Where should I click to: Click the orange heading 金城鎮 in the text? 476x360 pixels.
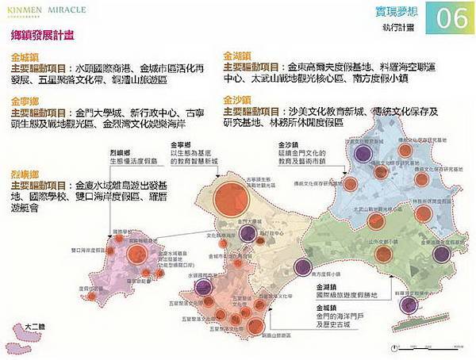[x=25, y=58]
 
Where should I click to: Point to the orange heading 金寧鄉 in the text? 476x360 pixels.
[x=25, y=101]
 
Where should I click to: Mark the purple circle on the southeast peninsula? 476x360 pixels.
[x=408, y=305]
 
